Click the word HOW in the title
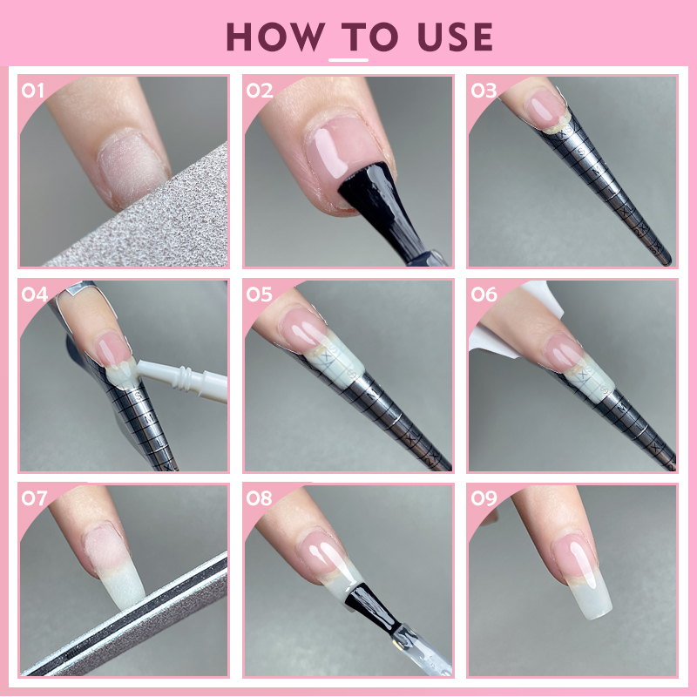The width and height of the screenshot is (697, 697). [274, 37]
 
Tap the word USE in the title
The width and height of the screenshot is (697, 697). [455, 37]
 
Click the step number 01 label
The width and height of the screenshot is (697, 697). [32, 91]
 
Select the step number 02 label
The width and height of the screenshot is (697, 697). [259, 91]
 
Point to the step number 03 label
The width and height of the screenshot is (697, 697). [484, 91]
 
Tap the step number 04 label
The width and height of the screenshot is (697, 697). [34, 294]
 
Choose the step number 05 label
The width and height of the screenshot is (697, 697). [259, 294]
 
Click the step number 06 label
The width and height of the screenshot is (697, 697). [484, 294]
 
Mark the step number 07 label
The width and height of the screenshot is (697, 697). [34, 498]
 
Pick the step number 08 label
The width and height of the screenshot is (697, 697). [259, 498]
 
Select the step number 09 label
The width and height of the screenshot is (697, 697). [484, 498]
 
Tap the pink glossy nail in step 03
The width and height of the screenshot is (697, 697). [545, 109]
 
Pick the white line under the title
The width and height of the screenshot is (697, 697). [348, 60]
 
